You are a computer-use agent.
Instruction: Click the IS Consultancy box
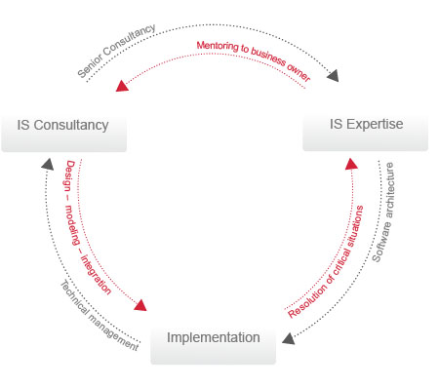point(63,127)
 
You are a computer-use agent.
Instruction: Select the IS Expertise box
point(365,126)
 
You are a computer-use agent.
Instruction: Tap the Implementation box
point(213,339)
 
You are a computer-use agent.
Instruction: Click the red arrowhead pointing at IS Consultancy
point(122,86)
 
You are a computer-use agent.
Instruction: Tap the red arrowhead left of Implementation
point(140,306)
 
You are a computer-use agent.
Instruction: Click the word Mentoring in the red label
point(218,47)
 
